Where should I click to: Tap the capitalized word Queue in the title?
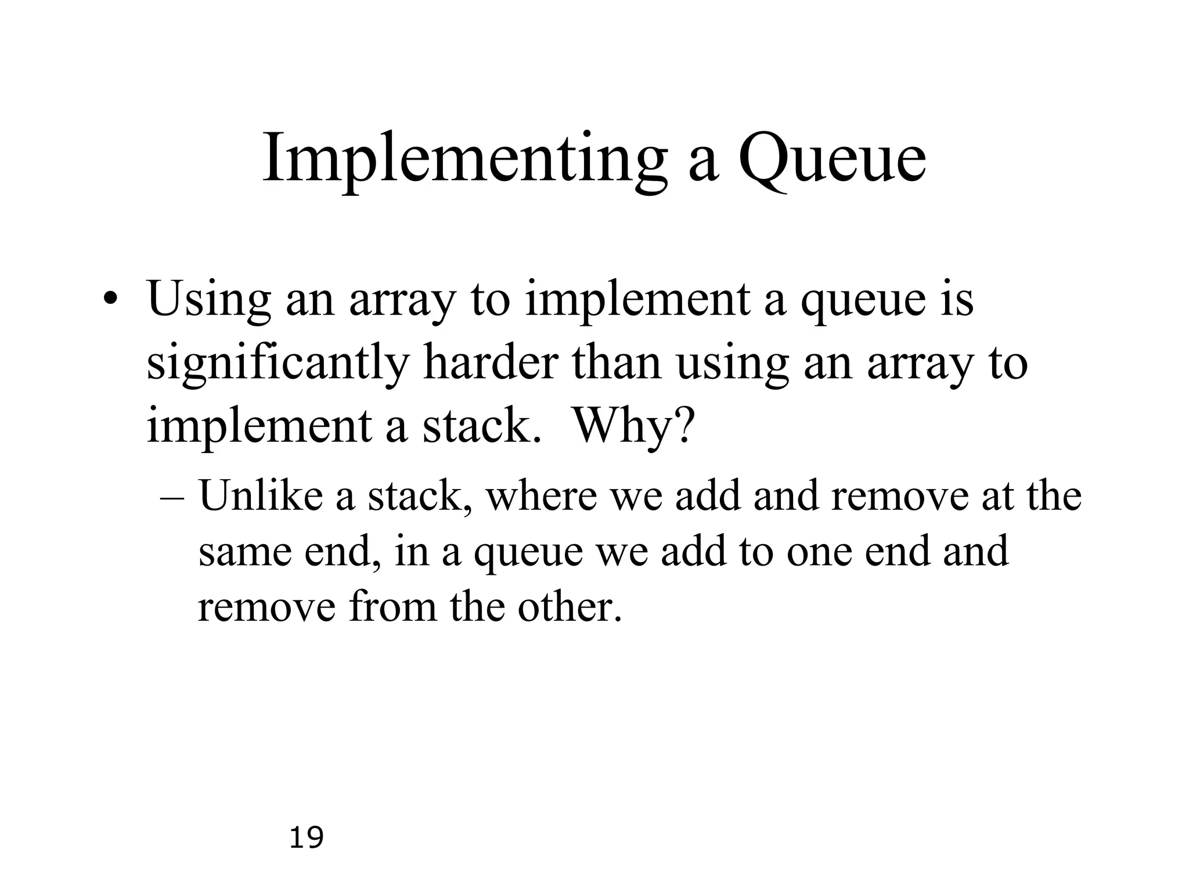[831, 160]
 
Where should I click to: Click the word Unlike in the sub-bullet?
[261, 497]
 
